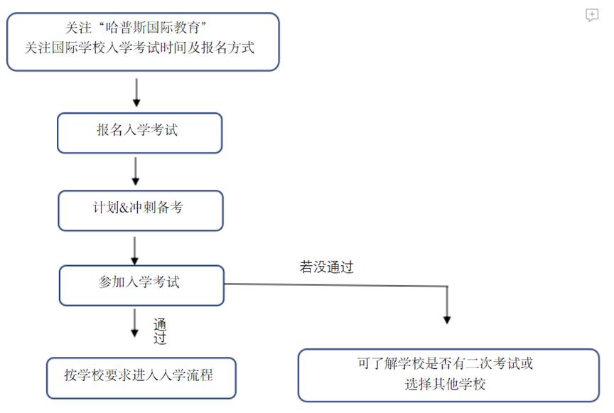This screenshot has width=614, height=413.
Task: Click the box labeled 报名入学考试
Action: (139, 133)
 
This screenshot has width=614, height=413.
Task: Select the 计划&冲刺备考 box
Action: (140, 210)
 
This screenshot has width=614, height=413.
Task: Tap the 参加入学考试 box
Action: (141, 285)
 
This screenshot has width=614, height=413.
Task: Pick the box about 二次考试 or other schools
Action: (448, 375)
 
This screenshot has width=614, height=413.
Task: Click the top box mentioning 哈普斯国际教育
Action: (143, 41)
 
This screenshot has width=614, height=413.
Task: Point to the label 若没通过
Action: (326, 267)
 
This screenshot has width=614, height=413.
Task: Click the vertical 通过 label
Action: (160, 331)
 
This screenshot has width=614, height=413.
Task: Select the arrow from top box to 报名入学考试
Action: (136, 92)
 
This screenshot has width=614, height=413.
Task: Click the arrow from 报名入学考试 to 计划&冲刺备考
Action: (136, 170)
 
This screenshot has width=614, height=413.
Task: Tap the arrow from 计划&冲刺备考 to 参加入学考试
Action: (134, 250)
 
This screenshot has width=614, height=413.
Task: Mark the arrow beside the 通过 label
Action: (134, 323)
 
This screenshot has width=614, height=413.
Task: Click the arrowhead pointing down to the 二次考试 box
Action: (447, 318)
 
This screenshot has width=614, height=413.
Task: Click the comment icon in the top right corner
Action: (592, 16)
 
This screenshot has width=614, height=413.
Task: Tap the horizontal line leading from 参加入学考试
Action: (334, 285)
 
